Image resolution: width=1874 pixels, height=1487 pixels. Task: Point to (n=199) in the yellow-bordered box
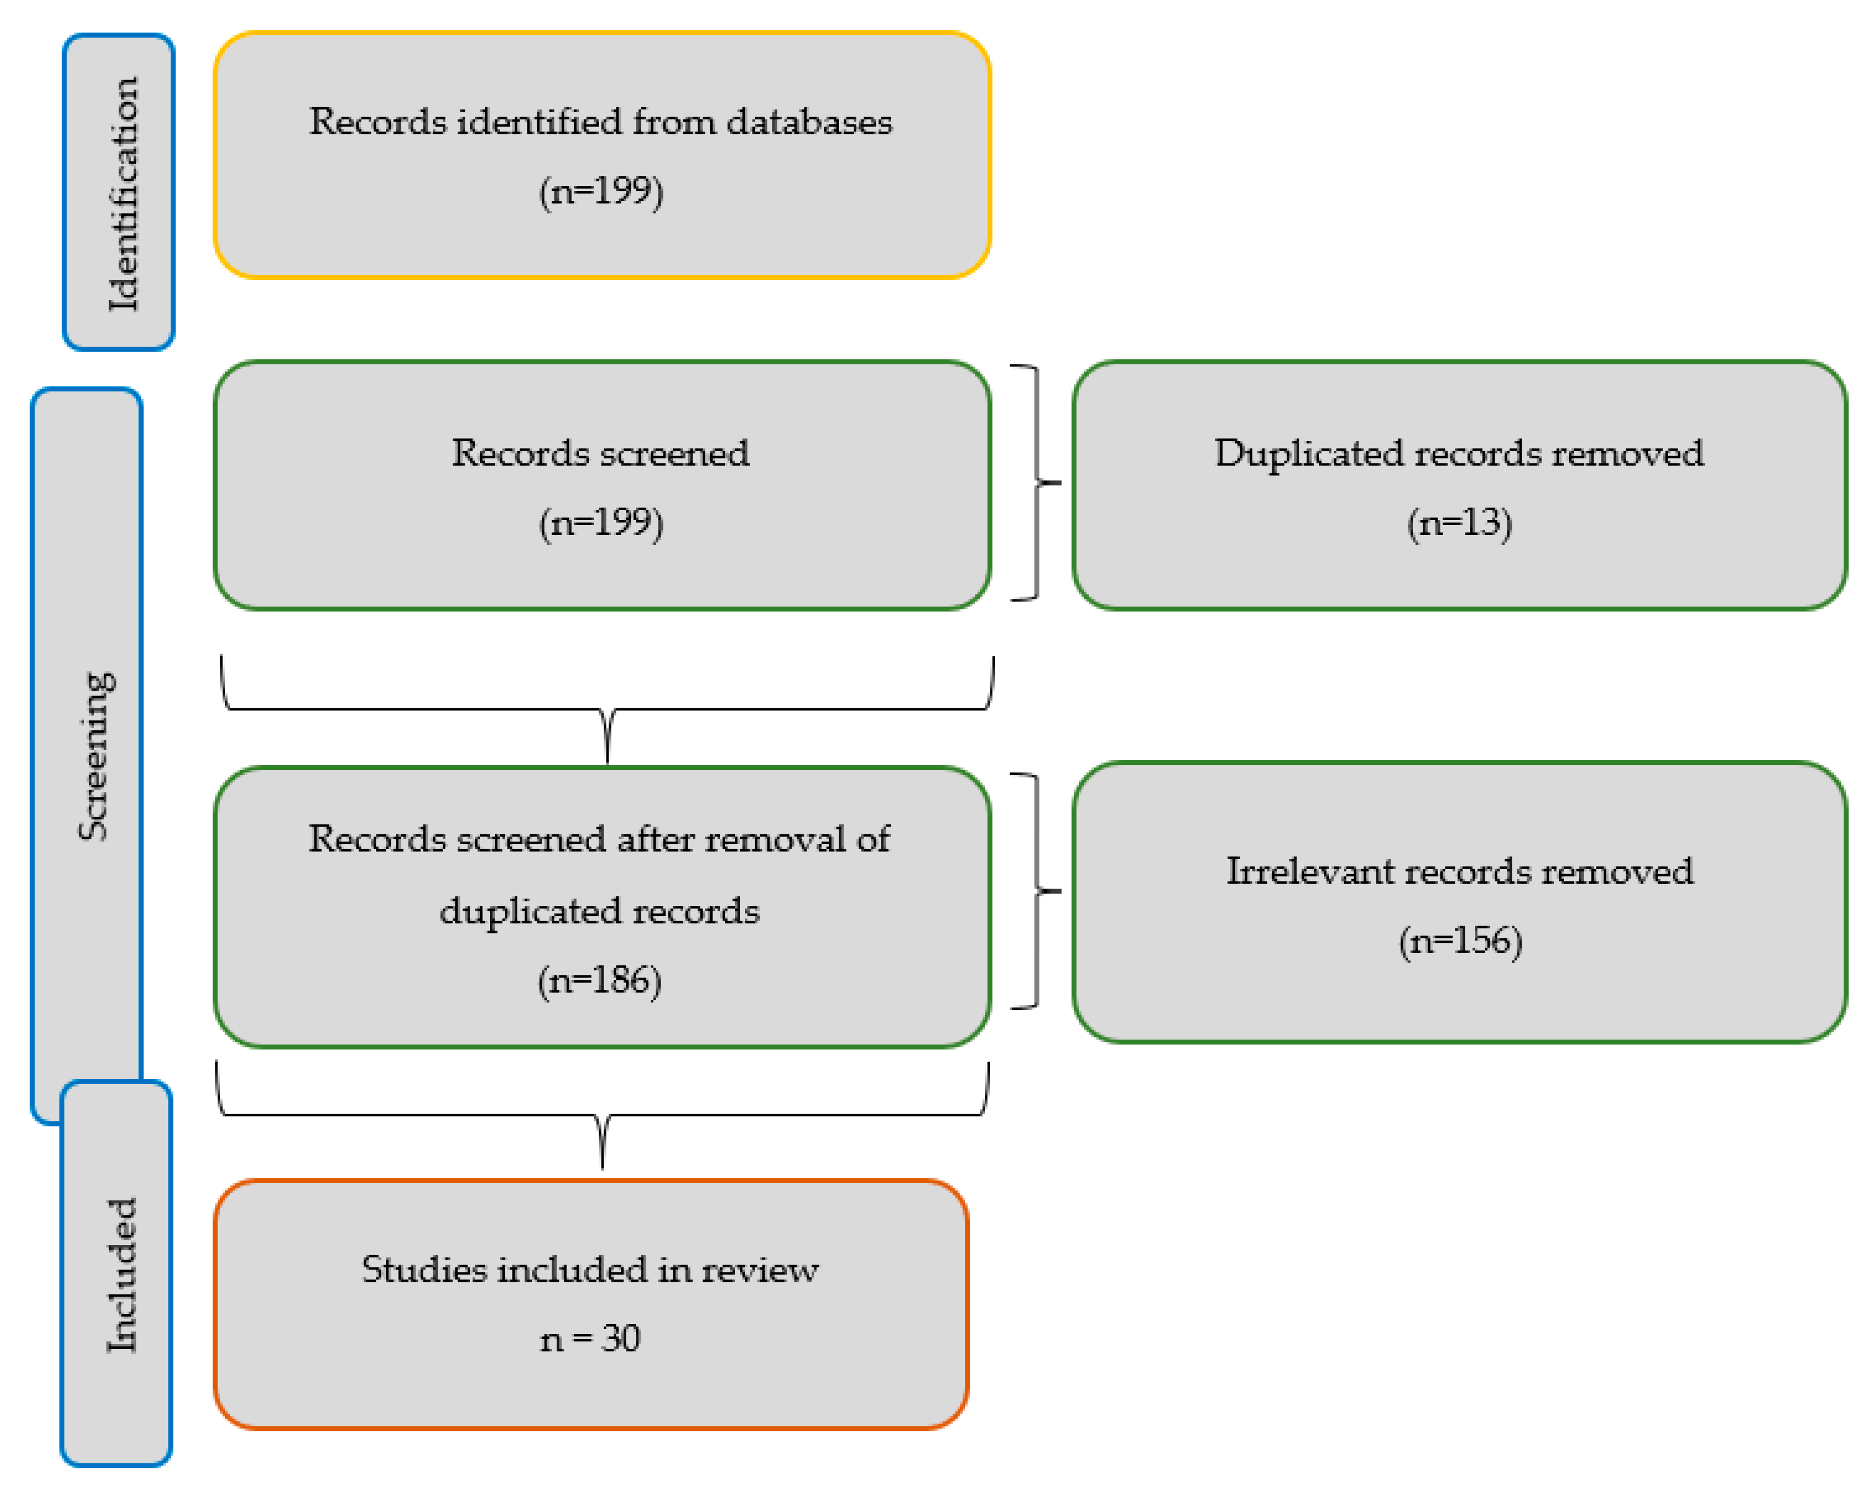(x=601, y=190)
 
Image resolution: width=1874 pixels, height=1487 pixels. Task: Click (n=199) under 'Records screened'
(x=601, y=522)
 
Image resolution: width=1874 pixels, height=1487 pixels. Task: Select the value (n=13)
(x=1459, y=522)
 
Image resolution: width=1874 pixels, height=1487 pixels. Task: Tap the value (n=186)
(x=599, y=980)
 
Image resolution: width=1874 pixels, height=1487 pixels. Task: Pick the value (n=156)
(x=1460, y=941)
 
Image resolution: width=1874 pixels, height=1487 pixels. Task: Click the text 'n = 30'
(x=589, y=1338)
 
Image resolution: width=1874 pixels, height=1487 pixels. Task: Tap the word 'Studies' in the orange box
(x=424, y=1270)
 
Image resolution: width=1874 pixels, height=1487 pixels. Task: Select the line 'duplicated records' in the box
(x=599, y=911)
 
